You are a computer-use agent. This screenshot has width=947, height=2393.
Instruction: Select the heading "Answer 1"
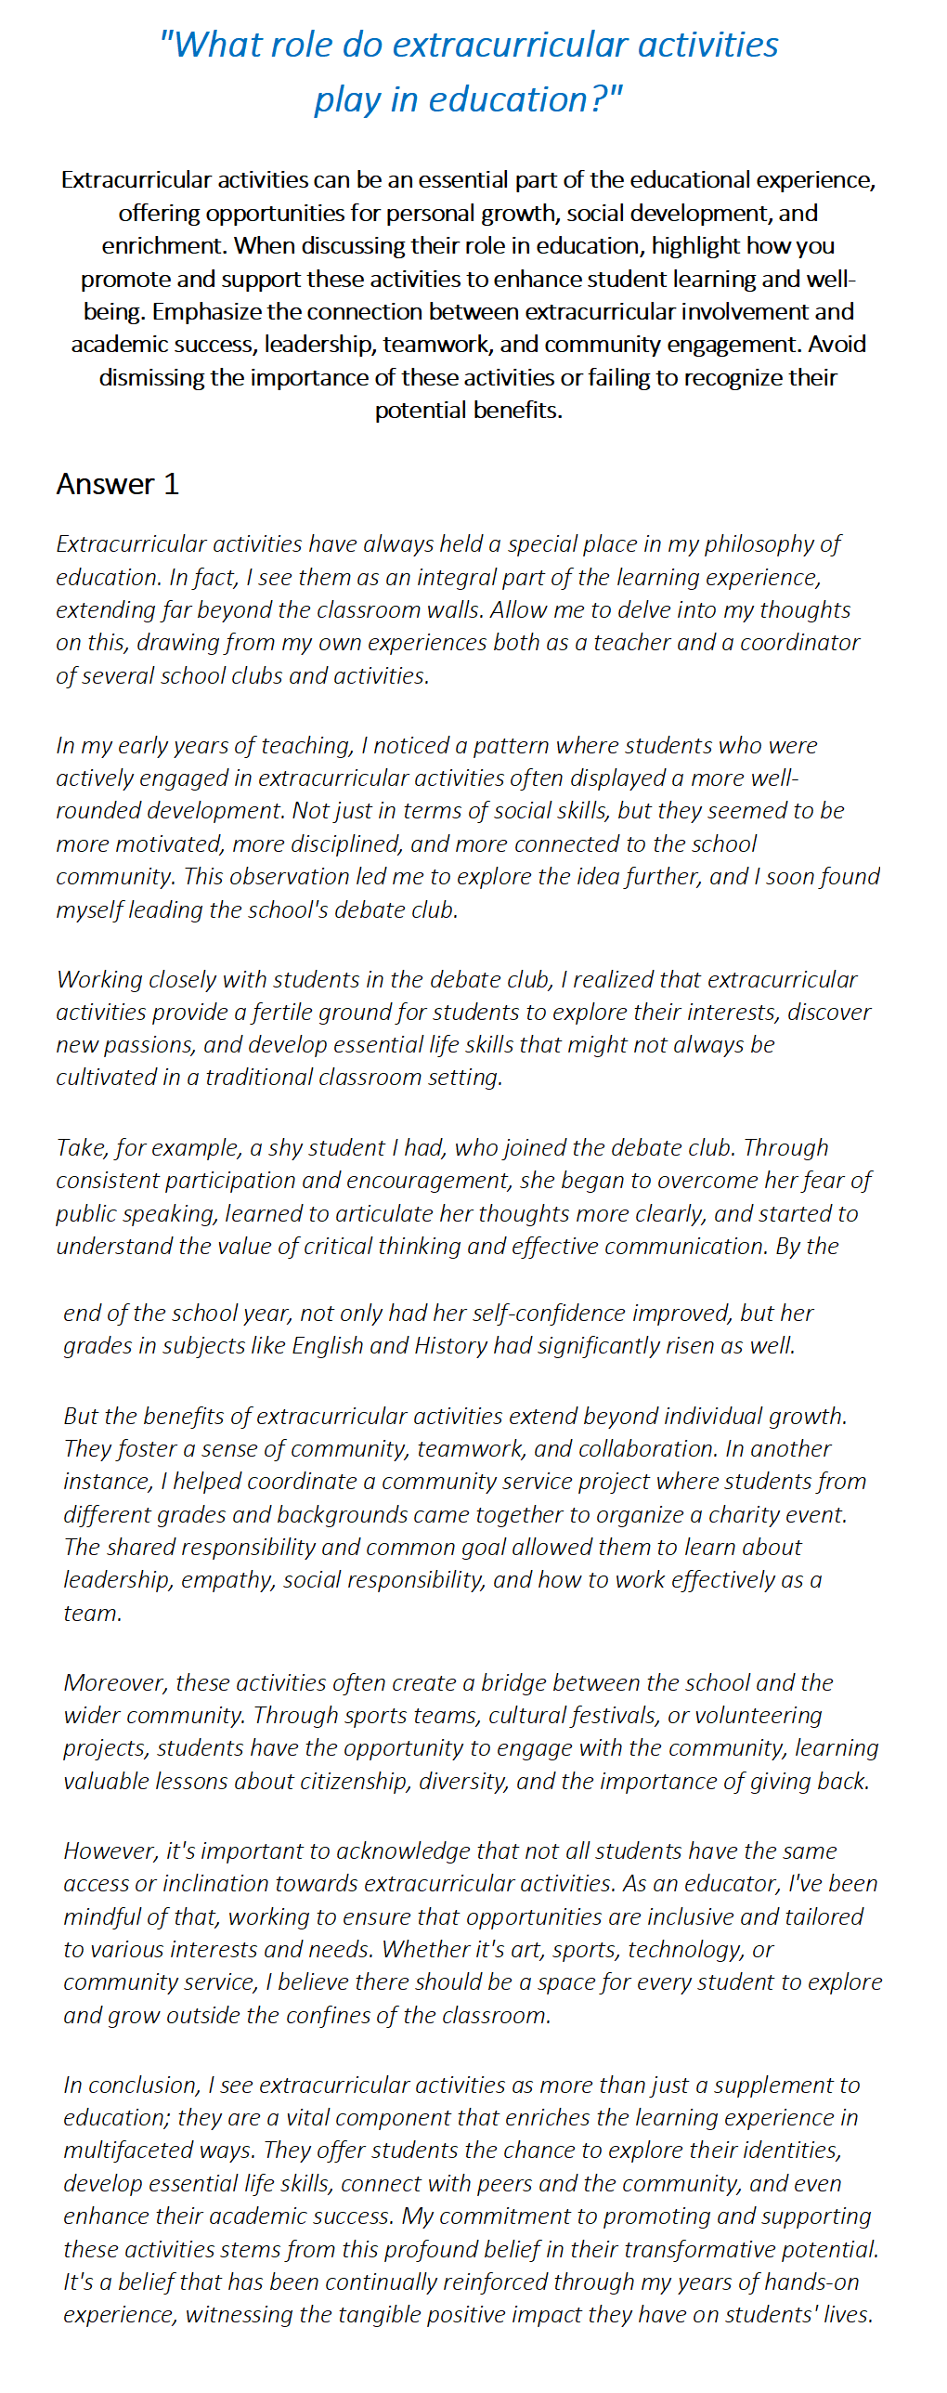click(117, 484)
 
